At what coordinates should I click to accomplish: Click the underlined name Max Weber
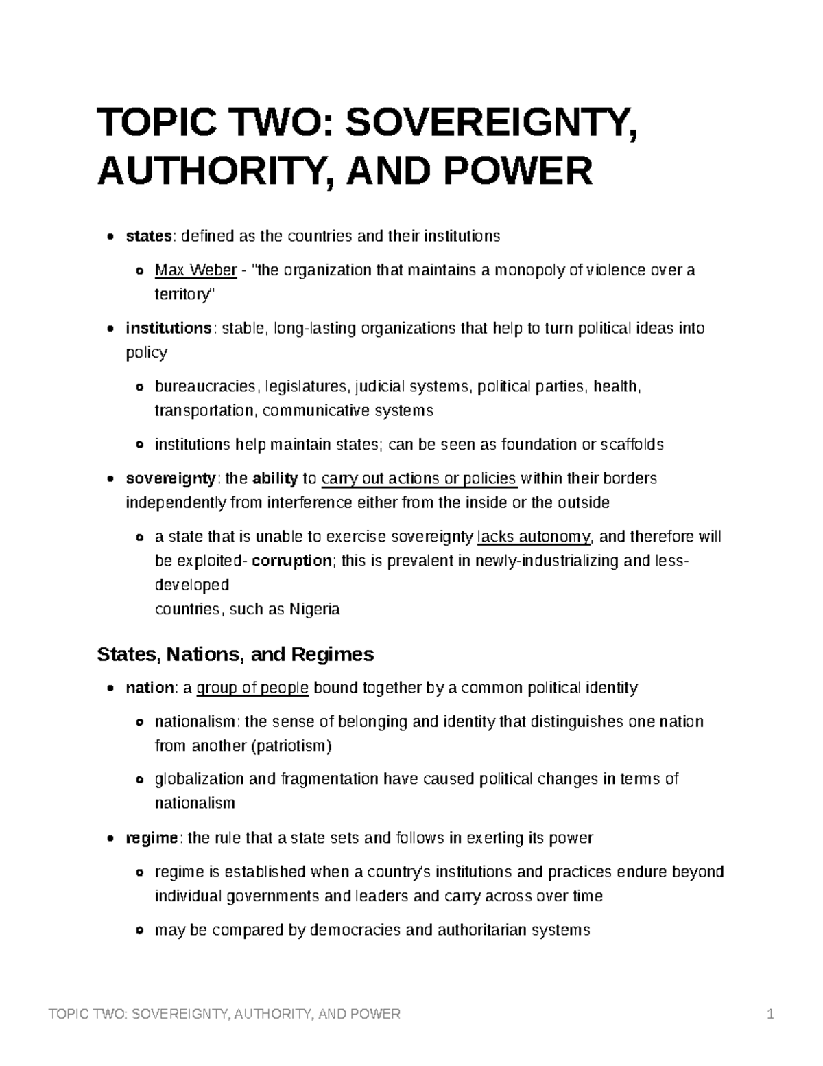coord(195,270)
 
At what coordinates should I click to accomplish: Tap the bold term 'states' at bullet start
coord(148,237)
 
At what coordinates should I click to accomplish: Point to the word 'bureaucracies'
coord(205,387)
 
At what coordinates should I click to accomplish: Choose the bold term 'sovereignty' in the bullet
coord(170,478)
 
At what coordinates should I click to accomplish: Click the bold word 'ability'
coord(275,478)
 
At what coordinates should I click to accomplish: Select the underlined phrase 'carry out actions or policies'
coord(419,478)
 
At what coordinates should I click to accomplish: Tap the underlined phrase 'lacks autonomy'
coord(533,537)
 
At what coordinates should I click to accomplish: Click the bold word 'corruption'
coord(291,561)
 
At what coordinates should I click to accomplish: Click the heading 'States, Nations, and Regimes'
coord(235,654)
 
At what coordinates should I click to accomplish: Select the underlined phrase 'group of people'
coord(252,688)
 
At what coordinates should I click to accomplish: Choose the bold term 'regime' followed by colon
coord(152,838)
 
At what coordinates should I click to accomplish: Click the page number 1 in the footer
coord(771,1015)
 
